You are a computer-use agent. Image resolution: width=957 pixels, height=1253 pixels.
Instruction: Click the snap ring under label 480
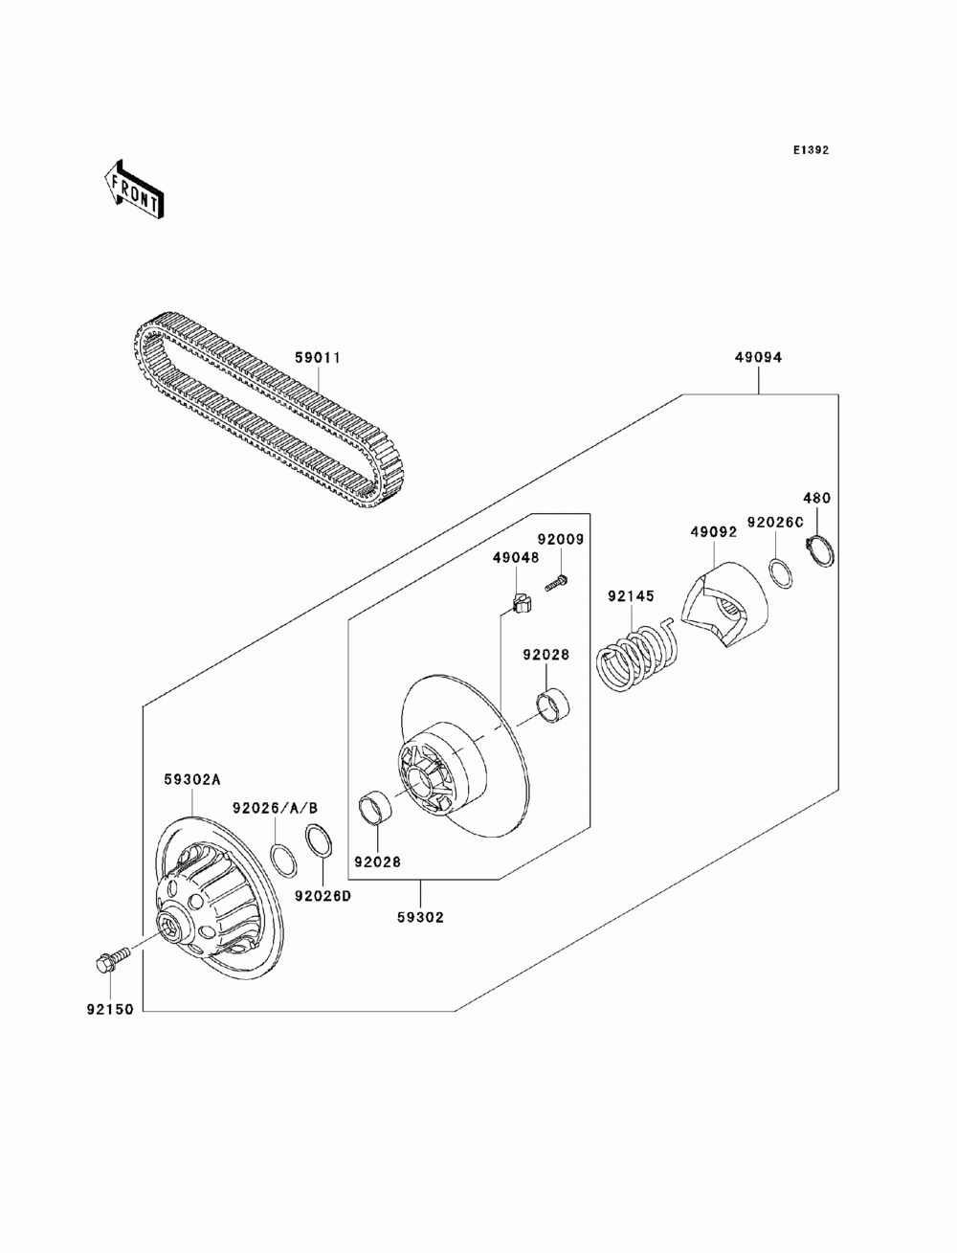822,554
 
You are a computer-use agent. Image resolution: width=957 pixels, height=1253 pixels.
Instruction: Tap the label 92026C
775,523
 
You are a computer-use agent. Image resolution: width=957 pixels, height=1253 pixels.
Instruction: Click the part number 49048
516,557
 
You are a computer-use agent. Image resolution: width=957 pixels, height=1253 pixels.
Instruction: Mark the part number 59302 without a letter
420,916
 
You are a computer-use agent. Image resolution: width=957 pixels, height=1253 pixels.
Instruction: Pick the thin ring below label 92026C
781,572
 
